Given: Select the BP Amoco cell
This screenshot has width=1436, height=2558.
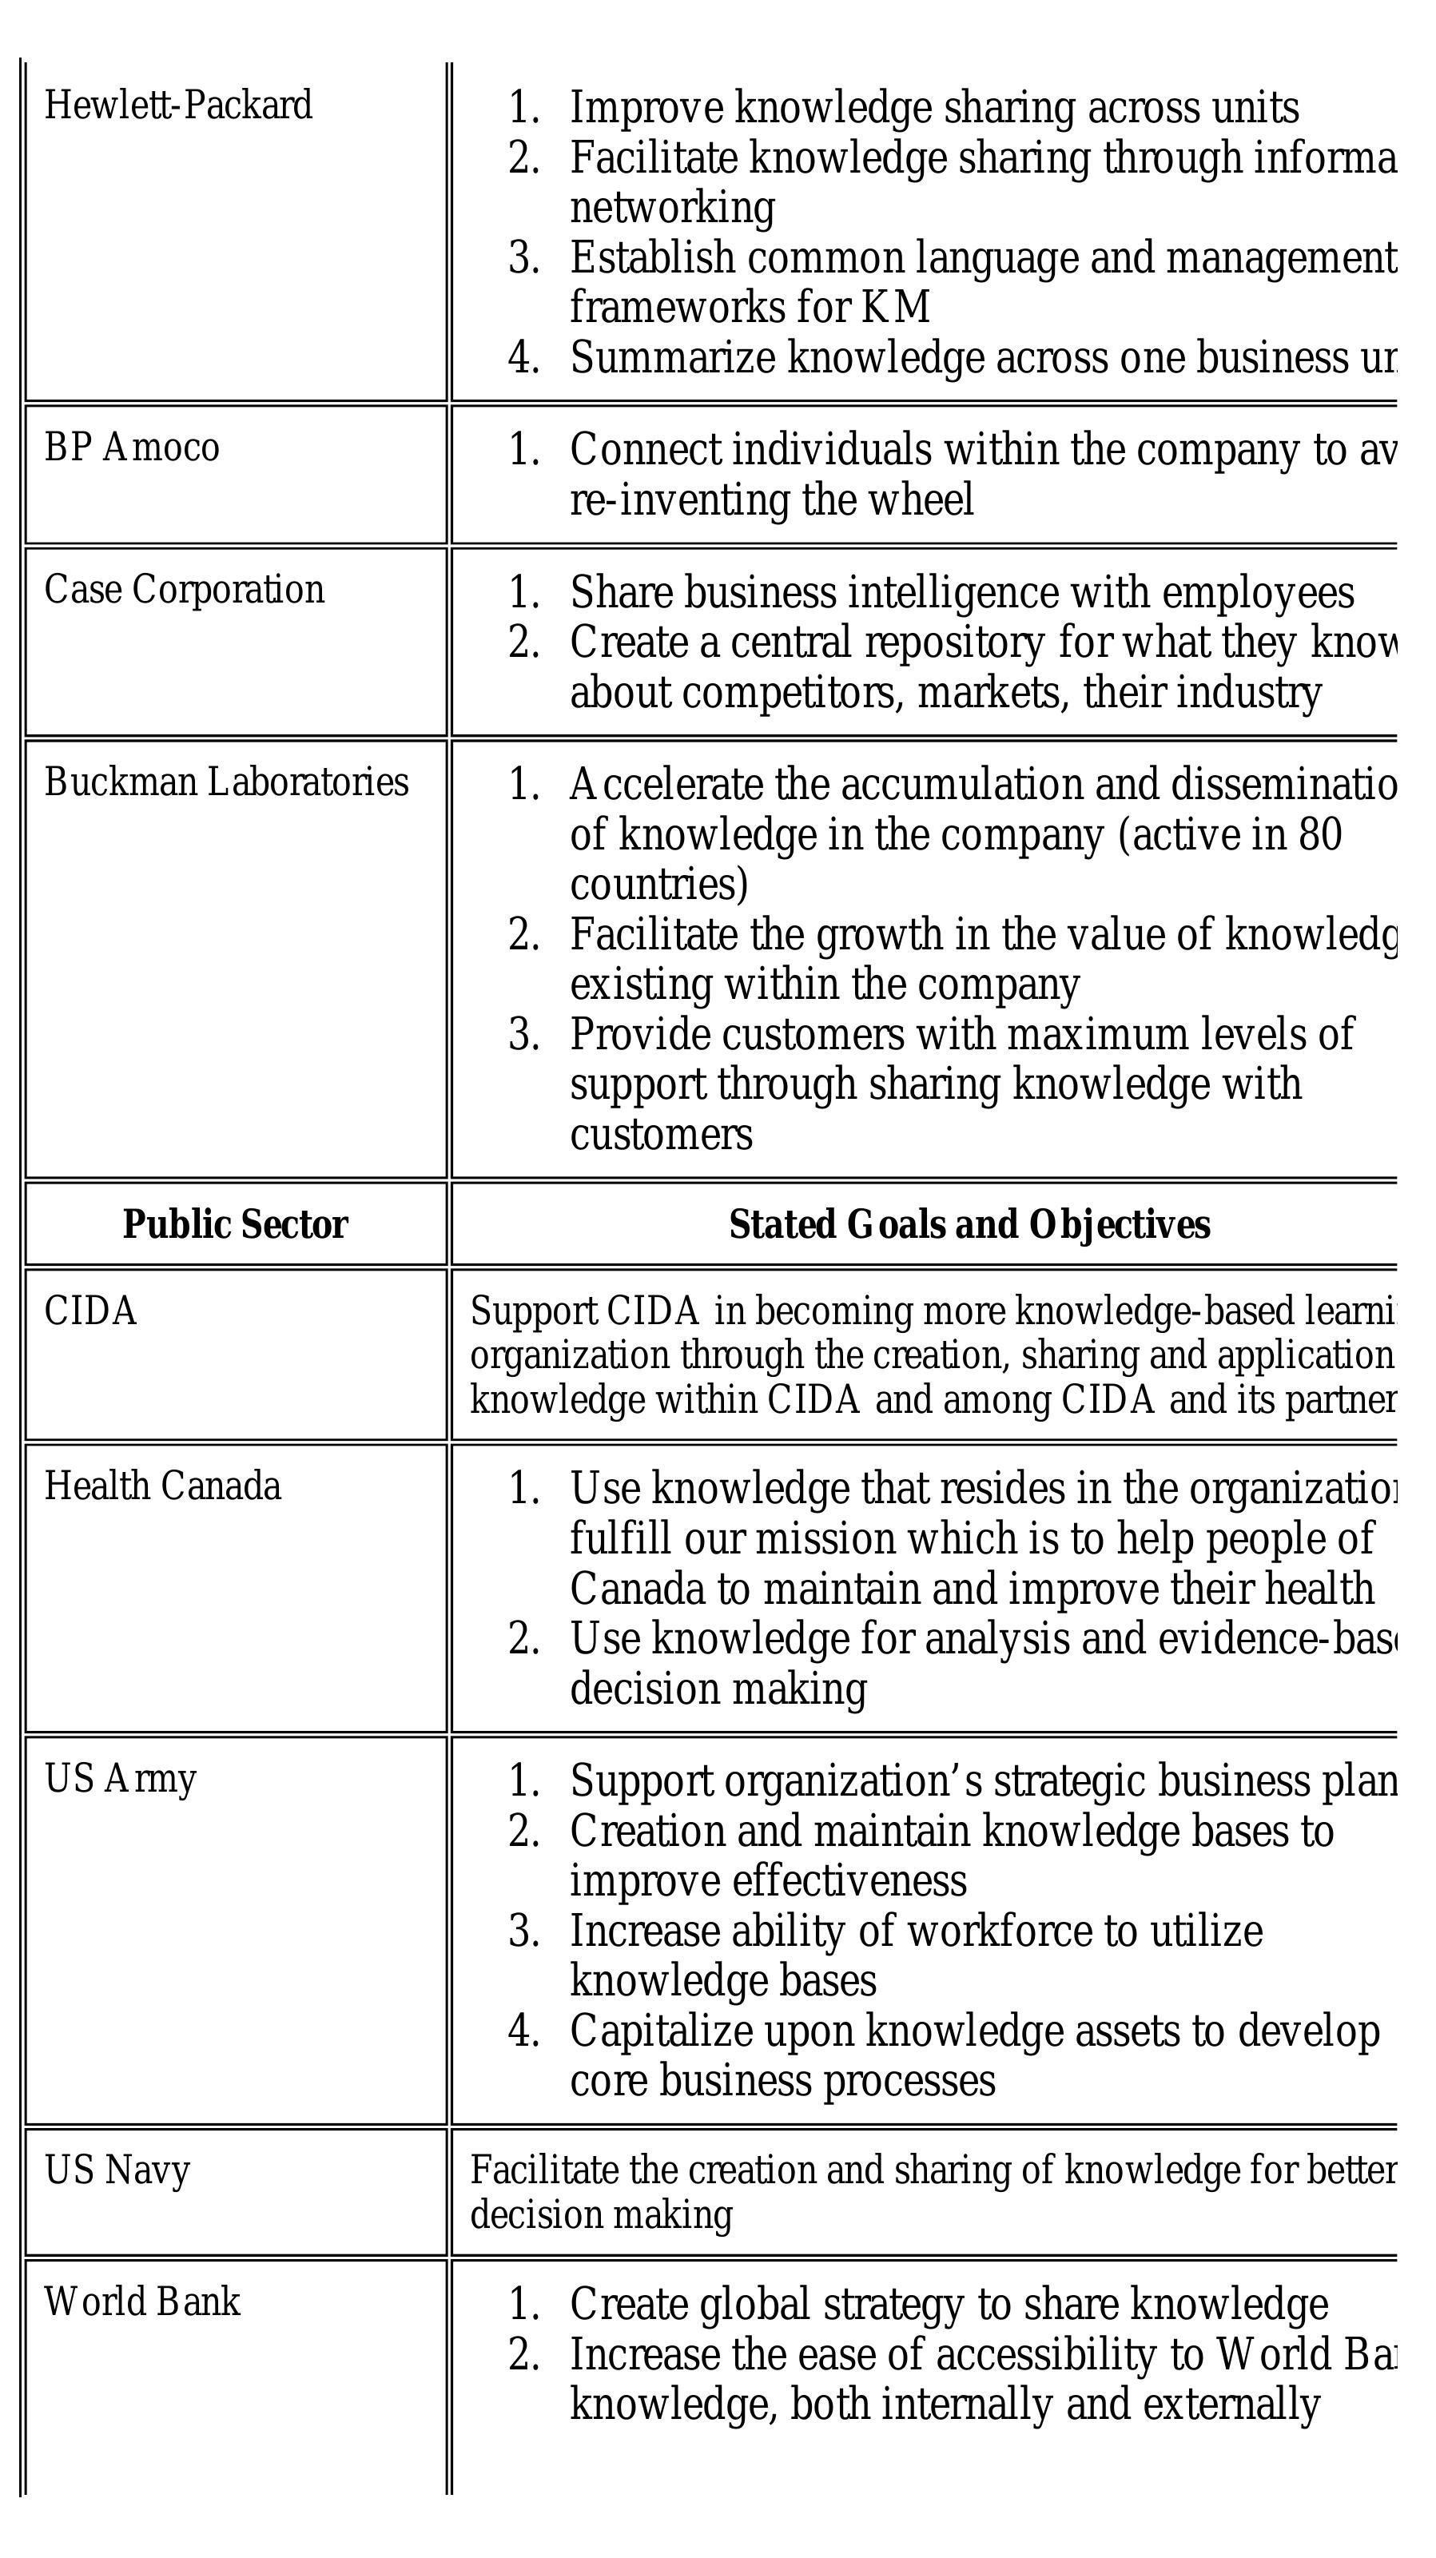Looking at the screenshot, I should [131, 448].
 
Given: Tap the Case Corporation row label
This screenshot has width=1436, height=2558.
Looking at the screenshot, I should [184, 590].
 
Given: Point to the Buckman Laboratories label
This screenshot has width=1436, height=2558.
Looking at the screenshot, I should [226, 782].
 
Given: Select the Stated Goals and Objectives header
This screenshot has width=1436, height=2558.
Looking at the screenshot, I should [969, 1225].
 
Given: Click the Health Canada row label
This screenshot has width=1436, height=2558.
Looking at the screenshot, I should [162, 1486].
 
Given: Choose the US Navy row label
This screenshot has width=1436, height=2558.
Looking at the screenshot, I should [117, 2170].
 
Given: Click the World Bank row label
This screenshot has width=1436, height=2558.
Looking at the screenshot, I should [142, 2301].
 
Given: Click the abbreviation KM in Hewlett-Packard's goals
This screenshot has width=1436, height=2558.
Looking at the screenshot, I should [896, 307].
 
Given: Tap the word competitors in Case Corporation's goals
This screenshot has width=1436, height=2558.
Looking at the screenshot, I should [794, 693].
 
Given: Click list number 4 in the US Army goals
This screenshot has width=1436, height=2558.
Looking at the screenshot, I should [523, 2031].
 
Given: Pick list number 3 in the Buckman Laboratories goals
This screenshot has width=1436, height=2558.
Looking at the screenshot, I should [523, 1035].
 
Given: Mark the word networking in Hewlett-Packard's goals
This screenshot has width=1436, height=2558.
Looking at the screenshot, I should [672, 208].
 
